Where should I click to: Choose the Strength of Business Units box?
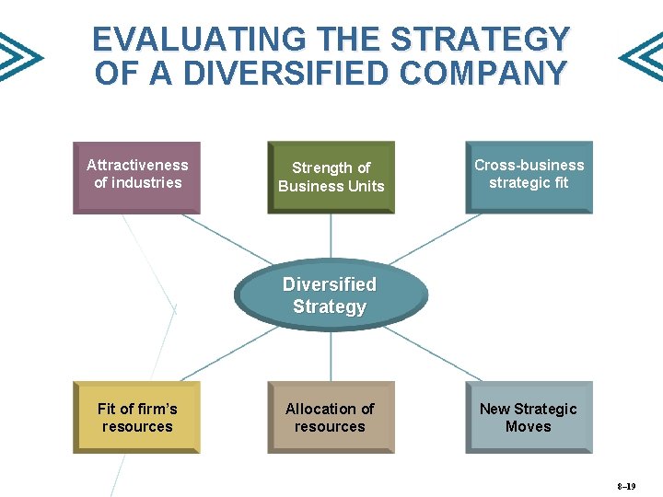coord(331,177)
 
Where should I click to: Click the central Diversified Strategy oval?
coord(330,295)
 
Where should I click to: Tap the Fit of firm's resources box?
coord(136,417)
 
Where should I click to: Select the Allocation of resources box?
coord(330,417)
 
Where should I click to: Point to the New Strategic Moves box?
coord(529,417)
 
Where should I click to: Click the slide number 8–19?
coord(626,485)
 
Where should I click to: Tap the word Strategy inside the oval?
coord(330,306)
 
